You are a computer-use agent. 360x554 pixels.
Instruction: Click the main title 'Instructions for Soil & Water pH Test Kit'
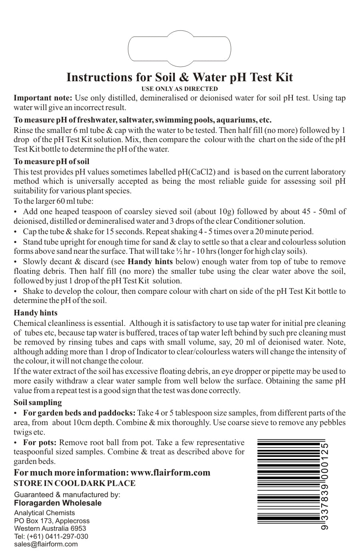180,77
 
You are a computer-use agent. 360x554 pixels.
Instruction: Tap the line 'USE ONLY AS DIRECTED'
180,89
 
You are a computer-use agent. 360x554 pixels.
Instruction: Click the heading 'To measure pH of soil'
52,162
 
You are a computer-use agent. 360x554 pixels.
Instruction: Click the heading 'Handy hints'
36,313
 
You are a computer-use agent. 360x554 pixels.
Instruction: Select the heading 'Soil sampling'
38,403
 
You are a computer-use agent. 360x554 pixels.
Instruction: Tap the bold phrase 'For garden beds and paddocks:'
80,413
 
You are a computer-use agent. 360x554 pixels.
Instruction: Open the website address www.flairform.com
170,472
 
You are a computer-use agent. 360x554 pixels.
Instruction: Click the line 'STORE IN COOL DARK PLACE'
74,483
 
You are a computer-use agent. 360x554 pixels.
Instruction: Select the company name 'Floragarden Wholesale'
58,503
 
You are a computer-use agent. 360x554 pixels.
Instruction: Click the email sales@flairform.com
46,544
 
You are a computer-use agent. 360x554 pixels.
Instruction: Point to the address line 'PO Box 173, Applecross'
52,521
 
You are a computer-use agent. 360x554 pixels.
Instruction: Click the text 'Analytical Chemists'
44,513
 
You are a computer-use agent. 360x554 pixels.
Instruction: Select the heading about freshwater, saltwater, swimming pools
142,120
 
